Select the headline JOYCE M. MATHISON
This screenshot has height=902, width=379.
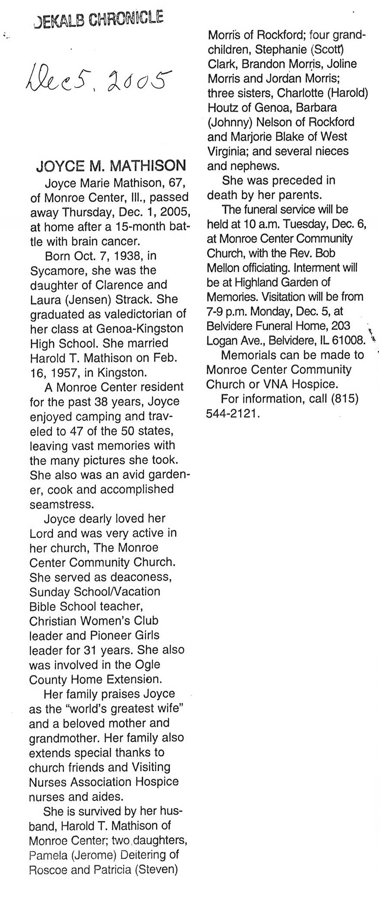[x=111, y=165]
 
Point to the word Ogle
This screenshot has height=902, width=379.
[x=147, y=665]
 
